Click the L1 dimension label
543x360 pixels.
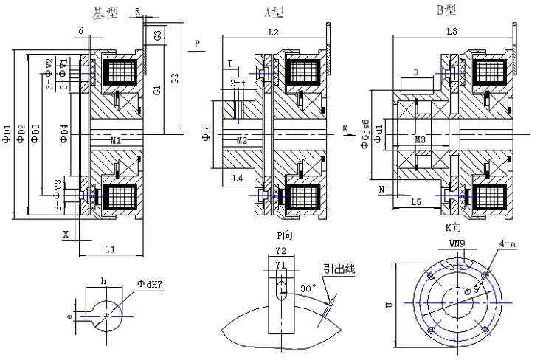(108, 249)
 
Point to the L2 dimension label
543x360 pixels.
(273, 32)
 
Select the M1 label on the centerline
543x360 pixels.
(116, 139)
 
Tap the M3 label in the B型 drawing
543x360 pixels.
(420, 139)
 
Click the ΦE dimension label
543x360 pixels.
(207, 134)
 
